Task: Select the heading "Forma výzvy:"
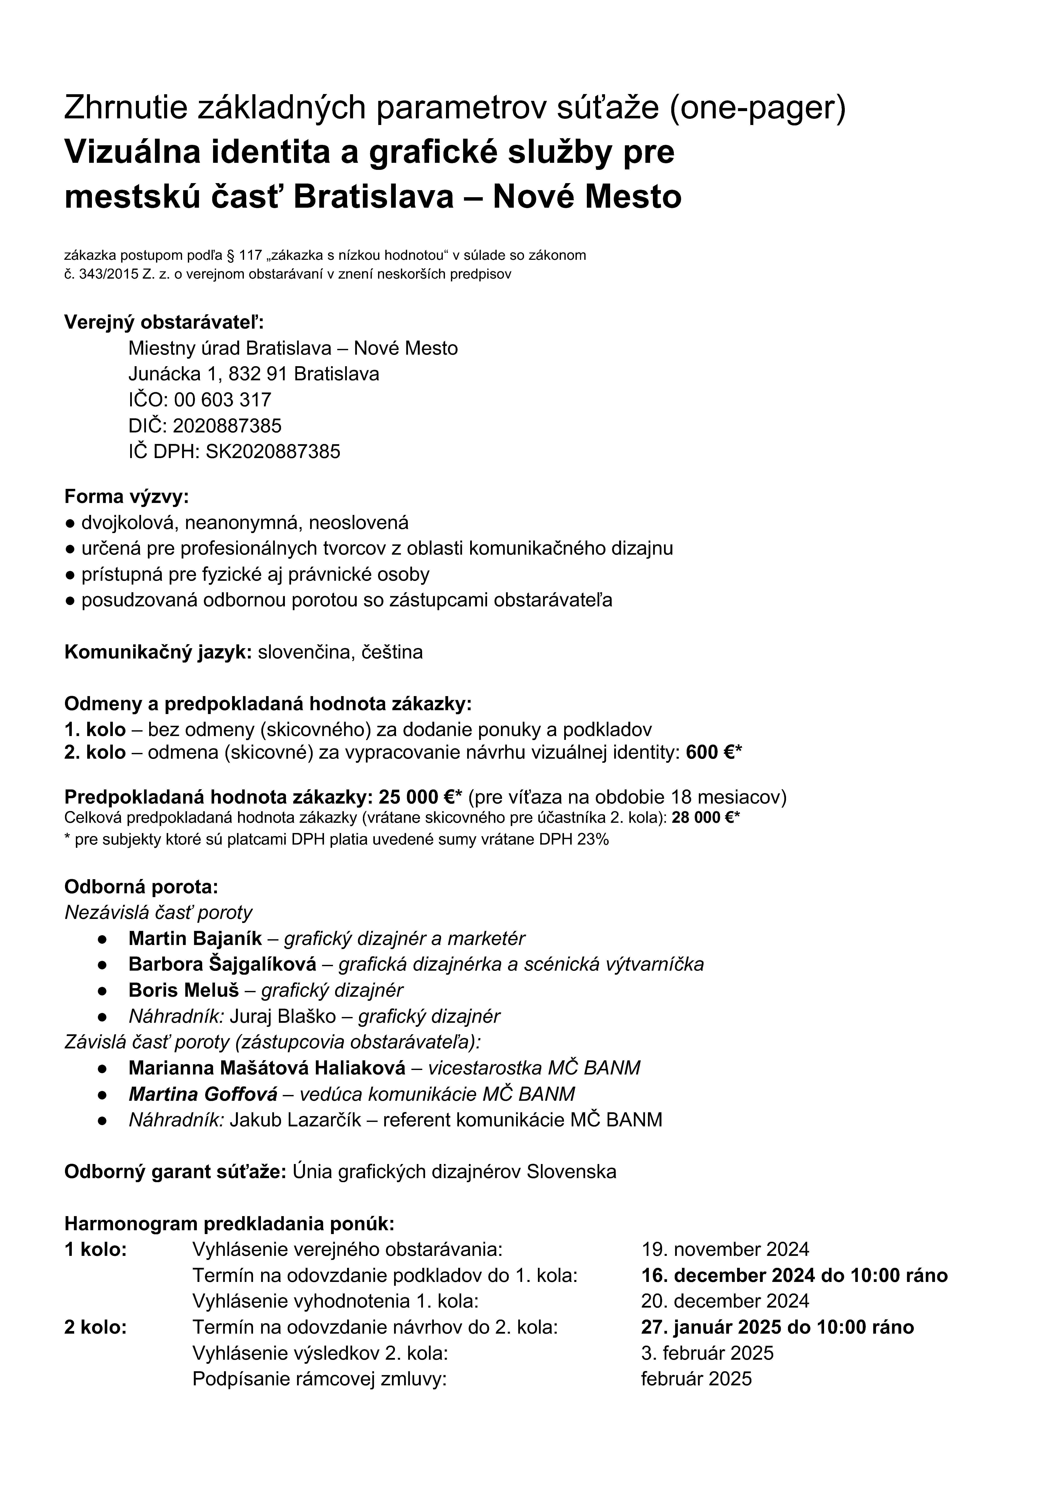click(x=126, y=497)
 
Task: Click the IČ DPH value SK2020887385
click(x=273, y=452)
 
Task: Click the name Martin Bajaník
click(x=195, y=939)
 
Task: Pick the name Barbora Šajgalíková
click(x=222, y=964)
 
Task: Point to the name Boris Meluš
click(x=184, y=991)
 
